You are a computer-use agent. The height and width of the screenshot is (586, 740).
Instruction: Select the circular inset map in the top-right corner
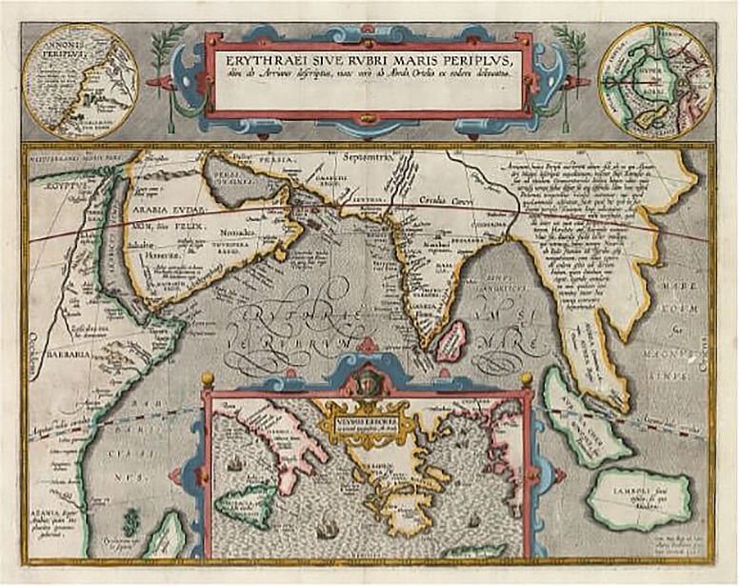655,81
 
